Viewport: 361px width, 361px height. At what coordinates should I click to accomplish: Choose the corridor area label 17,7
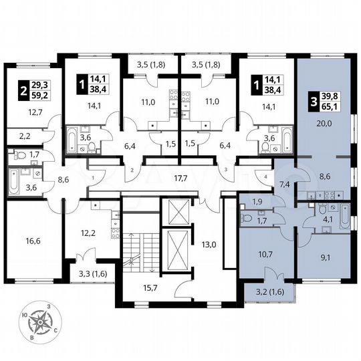[x=178, y=178]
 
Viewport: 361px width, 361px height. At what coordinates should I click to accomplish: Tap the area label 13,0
[x=209, y=243]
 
